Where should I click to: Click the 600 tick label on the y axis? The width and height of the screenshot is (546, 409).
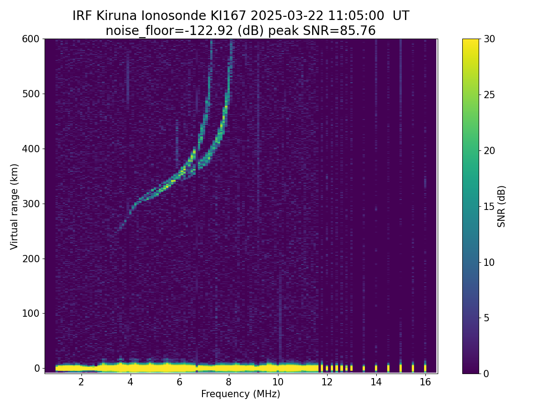(31, 39)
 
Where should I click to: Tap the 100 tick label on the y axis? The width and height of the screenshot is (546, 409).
(31, 313)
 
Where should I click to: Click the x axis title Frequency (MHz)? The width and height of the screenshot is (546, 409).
(241, 394)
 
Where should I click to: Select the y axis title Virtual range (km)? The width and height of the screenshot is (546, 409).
(15, 206)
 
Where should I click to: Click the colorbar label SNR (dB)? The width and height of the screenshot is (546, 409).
(501, 206)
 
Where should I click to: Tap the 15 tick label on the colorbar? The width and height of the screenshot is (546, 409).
(490, 206)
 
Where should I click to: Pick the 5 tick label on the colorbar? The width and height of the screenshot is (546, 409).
(487, 318)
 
